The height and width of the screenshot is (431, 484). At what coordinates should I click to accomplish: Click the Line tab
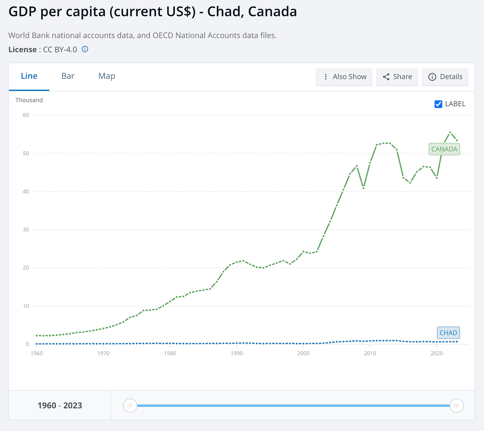[x=29, y=76]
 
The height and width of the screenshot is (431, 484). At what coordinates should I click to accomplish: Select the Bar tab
[x=68, y=76]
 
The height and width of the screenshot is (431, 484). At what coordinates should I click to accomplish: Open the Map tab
[x=107, y=76]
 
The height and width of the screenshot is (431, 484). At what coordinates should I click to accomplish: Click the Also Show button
[x=344, y=77]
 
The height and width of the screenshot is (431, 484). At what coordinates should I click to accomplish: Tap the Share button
[x=397, y=77]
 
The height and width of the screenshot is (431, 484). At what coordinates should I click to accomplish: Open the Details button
[x=445, y=77]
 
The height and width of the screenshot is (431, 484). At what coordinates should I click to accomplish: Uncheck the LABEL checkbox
[x=438, y=104]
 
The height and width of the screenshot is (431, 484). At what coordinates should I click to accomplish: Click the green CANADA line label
[x=444, y=149]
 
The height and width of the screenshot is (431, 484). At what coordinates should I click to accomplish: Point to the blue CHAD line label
[x=448, y=333]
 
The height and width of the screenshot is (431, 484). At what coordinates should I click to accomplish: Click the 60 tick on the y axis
[x=26, y=115]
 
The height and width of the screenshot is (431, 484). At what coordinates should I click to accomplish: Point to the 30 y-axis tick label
[x=26, y=230]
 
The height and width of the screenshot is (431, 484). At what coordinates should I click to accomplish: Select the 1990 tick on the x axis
[x=237, y=353]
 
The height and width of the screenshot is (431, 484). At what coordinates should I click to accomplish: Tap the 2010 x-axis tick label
[x=370, y=353]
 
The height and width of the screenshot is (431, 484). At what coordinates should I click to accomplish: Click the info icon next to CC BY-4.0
[x=85, y=49]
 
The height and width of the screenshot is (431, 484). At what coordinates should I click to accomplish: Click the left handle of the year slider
[x=130, y=405]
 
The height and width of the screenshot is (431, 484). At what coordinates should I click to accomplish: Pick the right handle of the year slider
[x=456, y=405]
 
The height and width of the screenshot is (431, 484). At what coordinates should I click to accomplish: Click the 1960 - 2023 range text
[x=60, y=405]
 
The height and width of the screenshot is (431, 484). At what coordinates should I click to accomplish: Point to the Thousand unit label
[x=29, y=100]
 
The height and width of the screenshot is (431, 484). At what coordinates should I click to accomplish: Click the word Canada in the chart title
[x=272, y=12]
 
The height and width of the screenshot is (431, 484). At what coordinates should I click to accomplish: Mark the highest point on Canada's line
[x=450, y=132]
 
